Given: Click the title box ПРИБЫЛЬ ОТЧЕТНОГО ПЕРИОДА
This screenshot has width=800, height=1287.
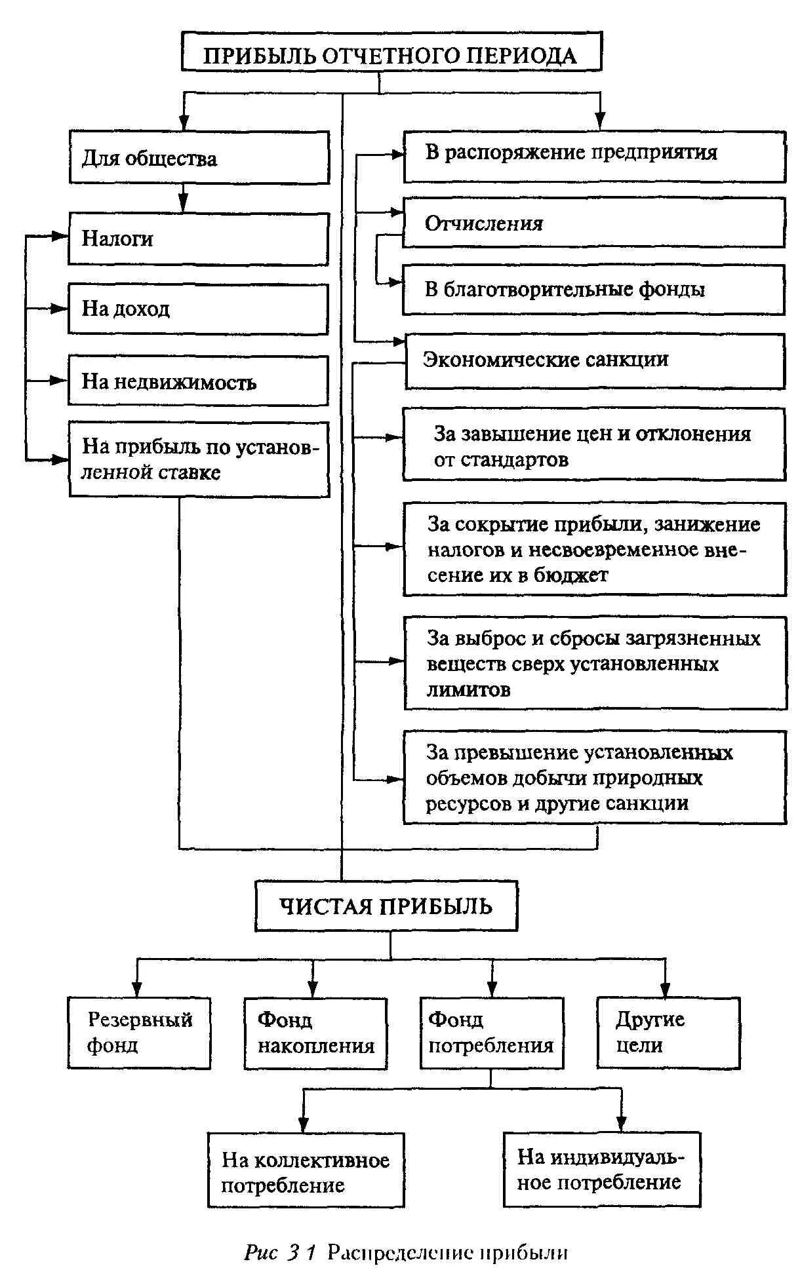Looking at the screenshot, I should coord(391,54).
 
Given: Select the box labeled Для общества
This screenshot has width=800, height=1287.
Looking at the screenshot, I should coord(199,157).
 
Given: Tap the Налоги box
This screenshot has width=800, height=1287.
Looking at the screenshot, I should coord(198,239).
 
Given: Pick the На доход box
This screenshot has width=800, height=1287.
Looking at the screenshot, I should coord(198,309).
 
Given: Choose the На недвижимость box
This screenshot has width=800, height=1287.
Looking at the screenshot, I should coord(198,381).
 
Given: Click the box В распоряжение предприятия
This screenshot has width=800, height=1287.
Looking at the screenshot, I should coord(594,155).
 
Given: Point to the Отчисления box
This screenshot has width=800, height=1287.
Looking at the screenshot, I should coord(593,223).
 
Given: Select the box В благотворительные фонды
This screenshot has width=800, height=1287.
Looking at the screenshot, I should coord(593,290).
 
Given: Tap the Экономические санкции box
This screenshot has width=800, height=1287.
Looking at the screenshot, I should coord(595,361).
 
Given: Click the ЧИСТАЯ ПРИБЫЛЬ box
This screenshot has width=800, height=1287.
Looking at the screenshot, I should coord(386,906).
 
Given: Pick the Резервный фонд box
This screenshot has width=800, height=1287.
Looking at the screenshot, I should coord(139,1033).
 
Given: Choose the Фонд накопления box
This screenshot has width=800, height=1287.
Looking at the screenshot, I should coord(315,1033).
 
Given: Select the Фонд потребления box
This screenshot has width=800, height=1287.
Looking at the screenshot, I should coord(491,1033).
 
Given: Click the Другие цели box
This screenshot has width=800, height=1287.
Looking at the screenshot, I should coord(668,1033).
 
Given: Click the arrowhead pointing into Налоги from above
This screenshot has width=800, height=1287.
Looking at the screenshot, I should coord(184,204).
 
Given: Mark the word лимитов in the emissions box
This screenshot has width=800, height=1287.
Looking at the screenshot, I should coord(468,689).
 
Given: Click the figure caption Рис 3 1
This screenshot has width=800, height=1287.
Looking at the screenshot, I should coord(280,1253).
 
